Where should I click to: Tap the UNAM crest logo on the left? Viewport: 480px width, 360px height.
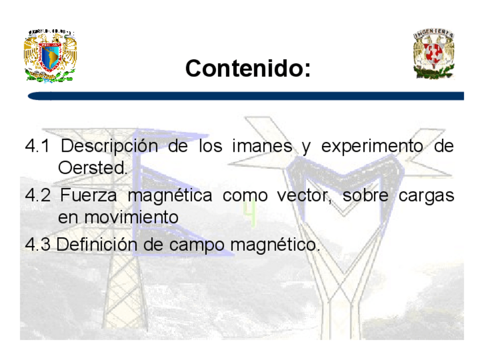tap(50, 55)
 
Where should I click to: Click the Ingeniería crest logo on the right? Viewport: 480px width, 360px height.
tap(434, 54)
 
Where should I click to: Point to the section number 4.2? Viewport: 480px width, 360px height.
tap(37, 195)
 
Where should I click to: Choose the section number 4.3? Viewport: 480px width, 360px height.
tap(38, 245)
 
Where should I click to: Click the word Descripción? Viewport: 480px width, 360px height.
tap(109, 147)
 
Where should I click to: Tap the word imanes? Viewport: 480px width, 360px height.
tap(262, 145)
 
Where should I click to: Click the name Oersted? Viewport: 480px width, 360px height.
tap(92, 168)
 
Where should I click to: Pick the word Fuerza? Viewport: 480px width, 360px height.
tap(88, 195)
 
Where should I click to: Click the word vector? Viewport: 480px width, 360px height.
tap(305, 196)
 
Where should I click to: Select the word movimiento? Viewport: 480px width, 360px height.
tap(131, 217)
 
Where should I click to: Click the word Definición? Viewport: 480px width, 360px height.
tap(97, 245)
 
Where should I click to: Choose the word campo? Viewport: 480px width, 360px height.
tap(197, 246)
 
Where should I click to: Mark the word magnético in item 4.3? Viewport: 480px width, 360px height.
tap(275, 246)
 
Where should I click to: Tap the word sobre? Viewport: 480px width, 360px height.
tap(366, 195)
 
